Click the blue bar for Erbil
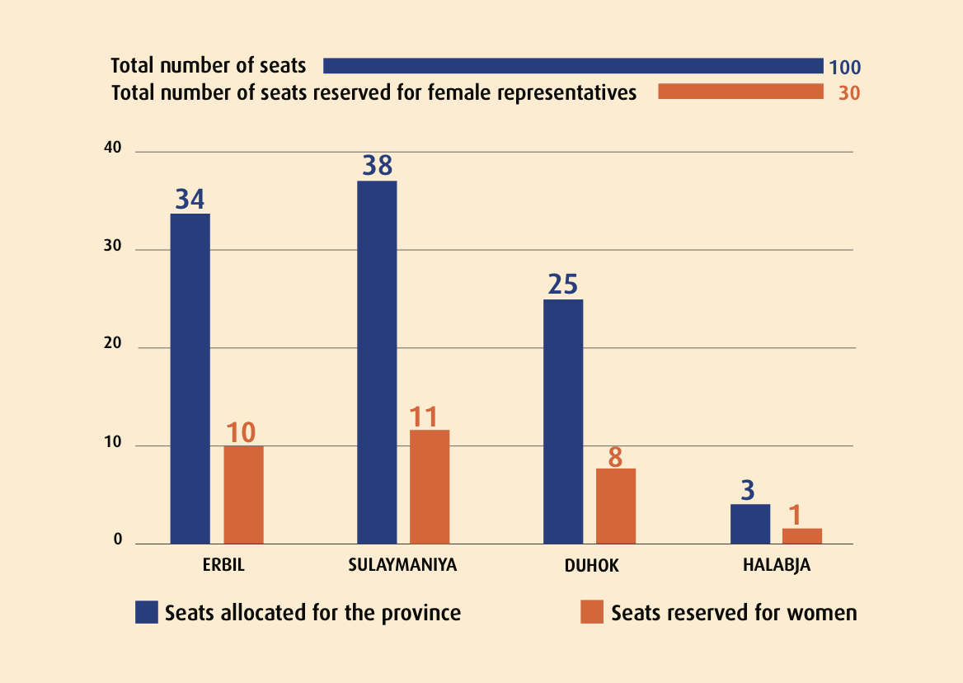pos(190,379)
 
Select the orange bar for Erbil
pos(243,495)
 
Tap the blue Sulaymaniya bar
pos(377,362)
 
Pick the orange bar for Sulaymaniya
pos(430,487)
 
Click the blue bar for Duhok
pos(563,422)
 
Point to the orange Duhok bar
pos(616,506)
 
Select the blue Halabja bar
pos(750,524)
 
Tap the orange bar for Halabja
pos(802,535)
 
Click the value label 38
pos(377,166)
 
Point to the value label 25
pos(563,285)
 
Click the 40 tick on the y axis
pos(112,149)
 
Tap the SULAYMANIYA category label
pos(402,566)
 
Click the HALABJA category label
pos(776,566)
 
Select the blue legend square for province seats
pos(147,612)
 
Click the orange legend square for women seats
pos(592,612)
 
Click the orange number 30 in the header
pos(849,93)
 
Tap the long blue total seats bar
pos(573,66)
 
